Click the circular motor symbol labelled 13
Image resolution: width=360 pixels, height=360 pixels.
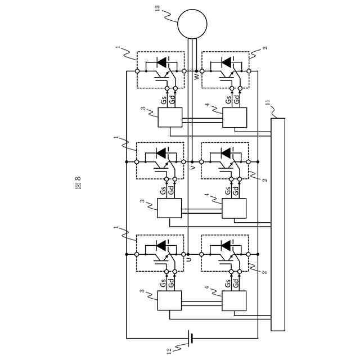pyautogui.click(x=192, y=24)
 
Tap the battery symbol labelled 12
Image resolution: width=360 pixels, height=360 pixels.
pyautogui.click(x=192, y=338)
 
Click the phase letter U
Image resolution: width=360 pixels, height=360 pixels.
pyautogui.click(x=188, y=259)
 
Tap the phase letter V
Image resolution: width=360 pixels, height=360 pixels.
pyautogui.click(x=193, y=167)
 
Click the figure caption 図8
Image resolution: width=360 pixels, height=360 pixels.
pyautogui.click(x=77, y=182)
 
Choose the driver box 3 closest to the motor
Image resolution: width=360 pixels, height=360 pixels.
pyautogui.click(x=170, y=118)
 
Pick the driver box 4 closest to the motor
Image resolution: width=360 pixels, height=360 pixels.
pyautogui.click(x=235, y=118)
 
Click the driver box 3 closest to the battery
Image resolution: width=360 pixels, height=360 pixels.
pyautogui.click(x=170, y=301)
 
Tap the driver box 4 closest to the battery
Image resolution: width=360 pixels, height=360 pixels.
pyautogui.click(x=235, y=301)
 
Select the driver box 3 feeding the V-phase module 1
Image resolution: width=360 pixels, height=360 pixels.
pyautogui.click(x=170, y=209)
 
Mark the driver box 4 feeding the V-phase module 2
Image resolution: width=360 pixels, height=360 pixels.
pyautogui.click(x=235, y=209)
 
